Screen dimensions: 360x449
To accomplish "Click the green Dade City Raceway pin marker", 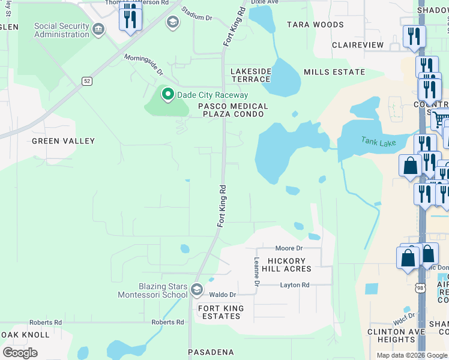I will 167,95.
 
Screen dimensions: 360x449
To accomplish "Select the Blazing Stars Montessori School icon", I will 196,291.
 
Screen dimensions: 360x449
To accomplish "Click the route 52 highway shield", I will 88,81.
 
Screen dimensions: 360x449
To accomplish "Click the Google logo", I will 20,352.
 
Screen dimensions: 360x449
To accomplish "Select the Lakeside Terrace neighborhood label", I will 251,75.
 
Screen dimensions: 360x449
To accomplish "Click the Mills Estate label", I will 334,72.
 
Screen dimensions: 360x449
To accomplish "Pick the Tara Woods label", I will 315,25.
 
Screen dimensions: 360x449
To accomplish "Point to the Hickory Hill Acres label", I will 289,265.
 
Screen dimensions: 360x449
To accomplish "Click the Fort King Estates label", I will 221,312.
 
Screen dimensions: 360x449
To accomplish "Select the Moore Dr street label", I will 289,248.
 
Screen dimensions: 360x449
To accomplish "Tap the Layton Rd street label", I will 295,285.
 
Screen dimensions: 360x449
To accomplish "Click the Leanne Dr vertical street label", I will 256,271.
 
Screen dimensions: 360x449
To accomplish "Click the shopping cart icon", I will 440,118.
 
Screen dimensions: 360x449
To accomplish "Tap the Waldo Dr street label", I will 222,295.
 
